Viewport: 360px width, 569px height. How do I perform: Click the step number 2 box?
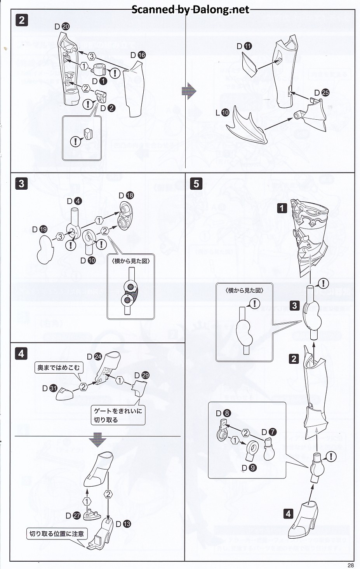22,20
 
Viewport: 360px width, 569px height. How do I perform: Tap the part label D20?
62,26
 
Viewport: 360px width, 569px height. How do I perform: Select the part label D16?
138,55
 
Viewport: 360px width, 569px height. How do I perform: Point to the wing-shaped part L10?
247,124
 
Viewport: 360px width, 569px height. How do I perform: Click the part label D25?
322,93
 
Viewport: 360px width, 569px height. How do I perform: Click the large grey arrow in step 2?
189,91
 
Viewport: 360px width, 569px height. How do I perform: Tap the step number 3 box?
21,183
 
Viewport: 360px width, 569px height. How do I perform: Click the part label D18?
126,195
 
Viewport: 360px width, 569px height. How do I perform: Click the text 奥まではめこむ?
58,368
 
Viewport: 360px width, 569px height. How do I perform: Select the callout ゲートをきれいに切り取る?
118,415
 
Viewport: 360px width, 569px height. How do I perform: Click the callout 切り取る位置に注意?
57,534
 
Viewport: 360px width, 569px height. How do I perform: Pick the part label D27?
73,516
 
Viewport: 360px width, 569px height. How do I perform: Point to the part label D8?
223,414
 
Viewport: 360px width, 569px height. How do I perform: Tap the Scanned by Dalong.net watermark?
190,9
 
